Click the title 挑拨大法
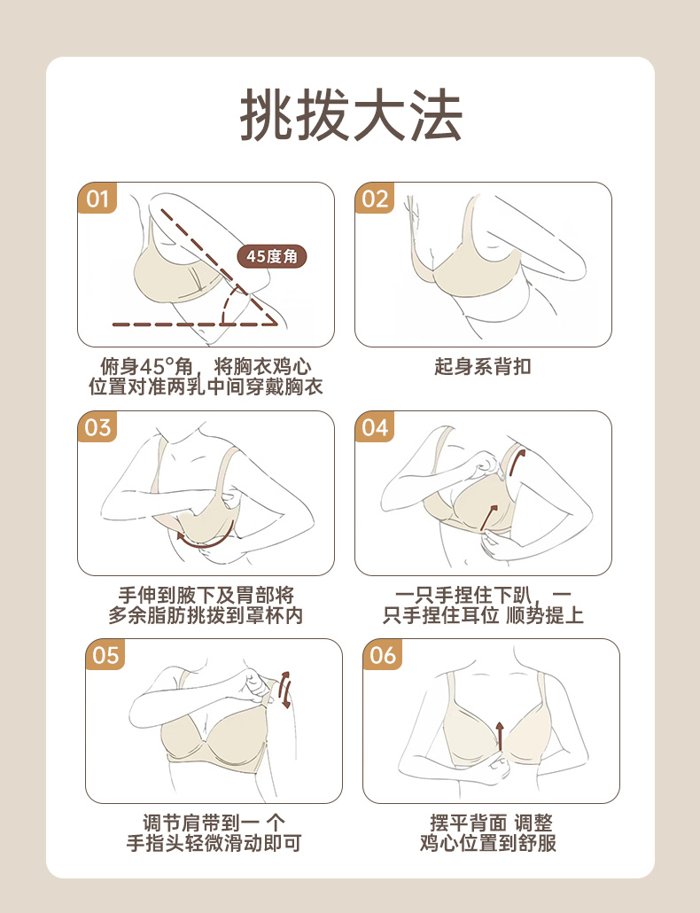pyautogui.click(x=351, y=115)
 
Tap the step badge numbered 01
pyautogui.click(x=97, y=198)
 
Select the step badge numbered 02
pyautogui.click(x=375, y=198)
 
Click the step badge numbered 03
pyautogui.click(x=97, y=426)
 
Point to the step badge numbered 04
pyautogui.click(x=375, y=426)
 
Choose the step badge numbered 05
pyautogui.click(x=105, y=654)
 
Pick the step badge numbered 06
pyautogui.click(x=382, y=654)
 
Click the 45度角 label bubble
pyautogui.click(x=272, y=256)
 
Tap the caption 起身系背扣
pyautogui.click(x=483, y=366)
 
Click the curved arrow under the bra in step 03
pyautogui.click(x=206, y=543)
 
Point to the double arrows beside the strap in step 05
pyautogui.click(x=284, y=690)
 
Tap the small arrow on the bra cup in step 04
pyautogui.click(x=489, y=518)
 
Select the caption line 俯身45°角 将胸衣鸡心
pyautogui.click(x=206, y=367)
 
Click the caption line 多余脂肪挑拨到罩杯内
pyautogui.click(x=206, y=615)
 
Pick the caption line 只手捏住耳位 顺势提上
pyautogui.click(x=483, y=615)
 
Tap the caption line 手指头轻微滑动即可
pyautogui.click(x=214, y=843)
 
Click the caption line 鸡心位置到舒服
pyautogui.click(x=488, y=843)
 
